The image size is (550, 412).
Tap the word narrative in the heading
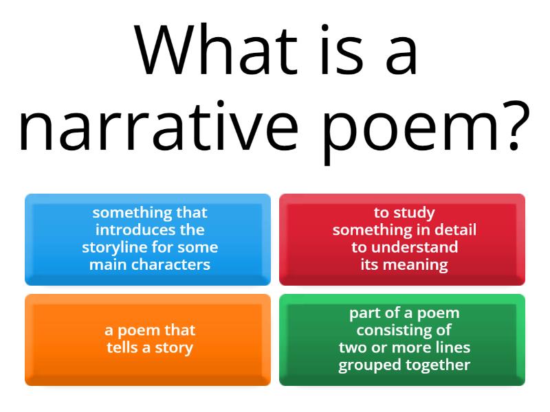tap(157, 128)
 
